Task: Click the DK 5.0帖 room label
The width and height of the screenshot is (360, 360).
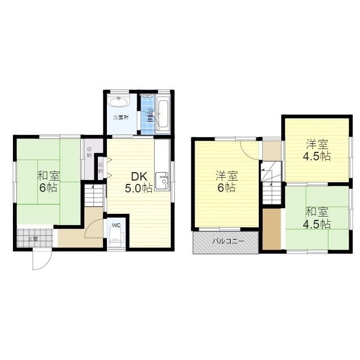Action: pyautogui.click(x=138, y=182)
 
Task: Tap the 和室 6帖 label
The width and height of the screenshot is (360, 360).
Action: pyautogui.click(x=48, y=181)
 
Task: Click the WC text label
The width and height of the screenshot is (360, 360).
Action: pyautogui.click(x=116, y=226)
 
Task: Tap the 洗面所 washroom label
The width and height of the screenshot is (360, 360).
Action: pyautogui.click(x=120, y=118)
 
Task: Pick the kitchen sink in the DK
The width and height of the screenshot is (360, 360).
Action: pyautogui.click(x=164, y=181)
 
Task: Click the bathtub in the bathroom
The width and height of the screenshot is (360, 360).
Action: pyautogui.click(x=163, y=112)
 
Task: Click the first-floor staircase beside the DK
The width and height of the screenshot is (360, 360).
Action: pyautogui.click(x=94, y=197)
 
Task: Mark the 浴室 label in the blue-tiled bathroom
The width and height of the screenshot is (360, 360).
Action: pyautogui.click(x=150, y=112)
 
